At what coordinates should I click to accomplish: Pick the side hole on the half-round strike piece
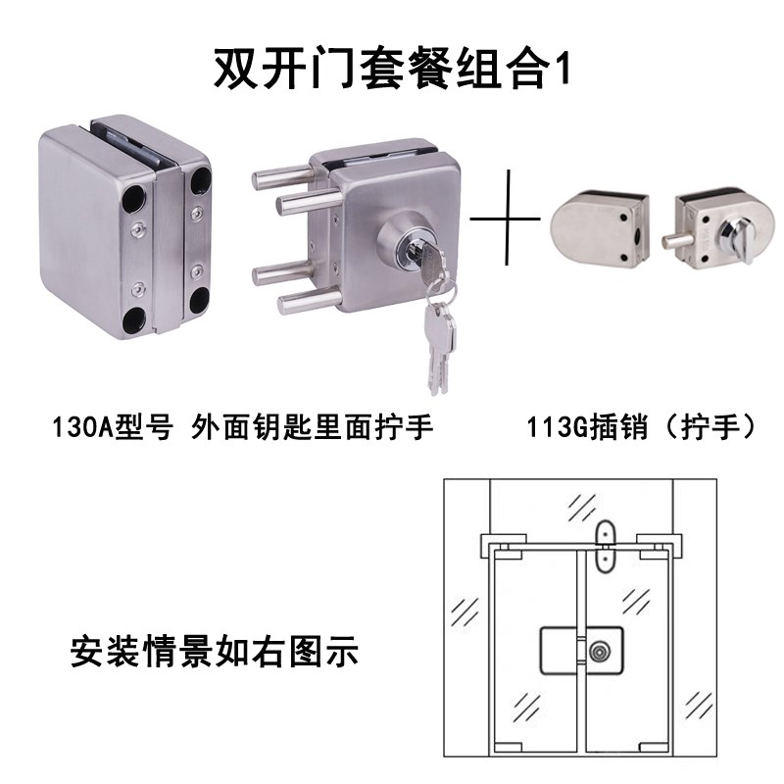click(639, 236)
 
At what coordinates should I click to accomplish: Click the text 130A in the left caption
click(90, 428)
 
